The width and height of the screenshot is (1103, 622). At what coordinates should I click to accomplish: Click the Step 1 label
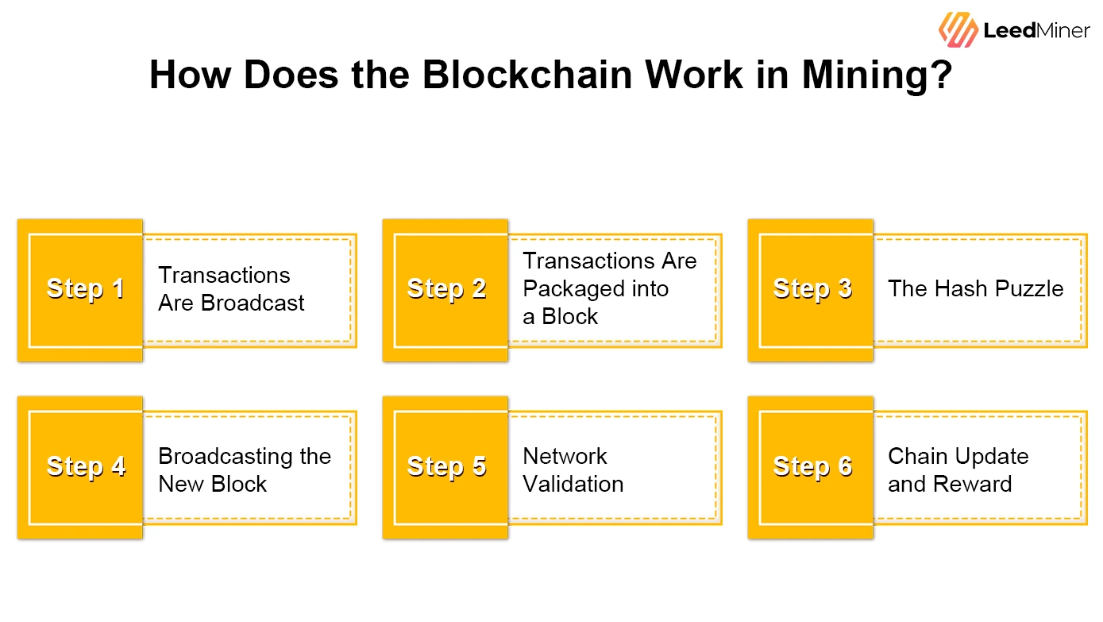coord(86,288)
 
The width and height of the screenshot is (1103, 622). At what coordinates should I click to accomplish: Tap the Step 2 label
coord(446,288)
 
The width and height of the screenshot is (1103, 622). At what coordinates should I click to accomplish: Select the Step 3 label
coord(812,288)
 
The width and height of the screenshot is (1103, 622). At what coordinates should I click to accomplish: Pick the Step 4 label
coord(86,466)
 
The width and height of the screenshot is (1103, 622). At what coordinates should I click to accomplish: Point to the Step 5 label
coord(446,466)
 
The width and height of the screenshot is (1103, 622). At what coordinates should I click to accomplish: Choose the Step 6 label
coord(812,466)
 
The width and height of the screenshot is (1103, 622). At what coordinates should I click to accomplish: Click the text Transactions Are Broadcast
coord(231,289)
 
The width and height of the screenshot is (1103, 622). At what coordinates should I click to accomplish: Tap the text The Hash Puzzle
coord(975,288)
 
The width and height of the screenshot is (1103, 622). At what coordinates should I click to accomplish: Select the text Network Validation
coord(573,469)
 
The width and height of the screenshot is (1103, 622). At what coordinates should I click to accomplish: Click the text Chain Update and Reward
coord(958,469)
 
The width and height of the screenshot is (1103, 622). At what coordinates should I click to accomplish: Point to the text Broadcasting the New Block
coord(244,469)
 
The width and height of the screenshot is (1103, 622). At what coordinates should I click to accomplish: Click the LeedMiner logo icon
coord(958,29)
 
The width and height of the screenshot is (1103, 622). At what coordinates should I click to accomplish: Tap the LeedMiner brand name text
coord(1036,31)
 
